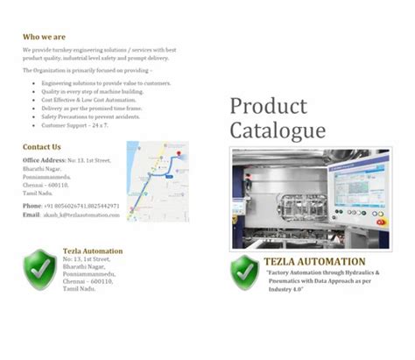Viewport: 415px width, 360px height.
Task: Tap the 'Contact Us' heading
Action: tap(42, 147)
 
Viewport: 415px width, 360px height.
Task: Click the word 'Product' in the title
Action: tap(269, 107)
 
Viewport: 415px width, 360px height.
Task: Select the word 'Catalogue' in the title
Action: tap(278, 131)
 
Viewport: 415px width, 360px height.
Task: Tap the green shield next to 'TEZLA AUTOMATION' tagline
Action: tap(245, 273)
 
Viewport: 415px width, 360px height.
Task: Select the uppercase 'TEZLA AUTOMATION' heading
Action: tap(314, 262)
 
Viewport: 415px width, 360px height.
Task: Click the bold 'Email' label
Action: tap(32, 215)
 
